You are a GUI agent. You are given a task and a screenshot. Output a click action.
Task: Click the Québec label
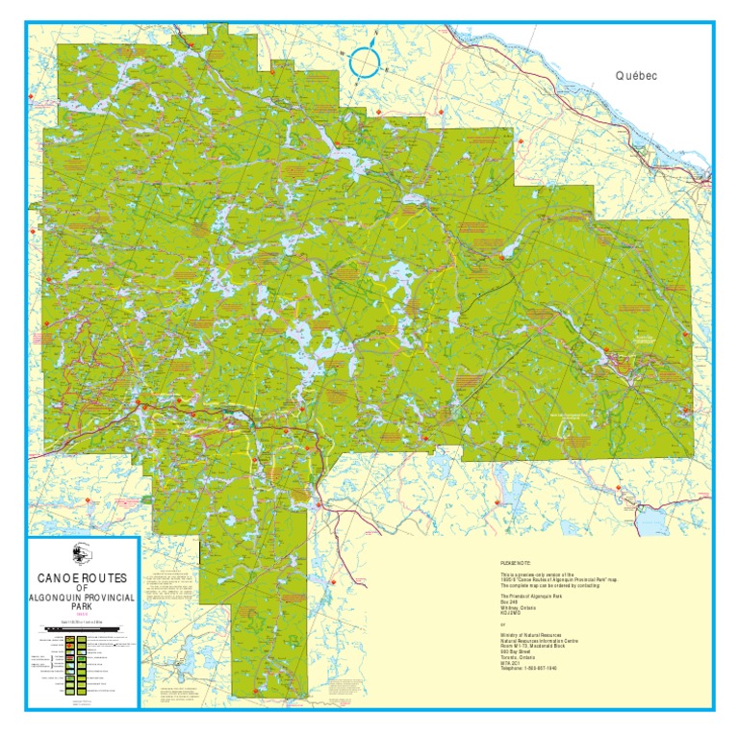(636, 75)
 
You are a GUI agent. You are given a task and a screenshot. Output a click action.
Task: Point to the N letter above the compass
(376, 34)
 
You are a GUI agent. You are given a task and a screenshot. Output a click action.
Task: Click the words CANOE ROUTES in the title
(82, 578)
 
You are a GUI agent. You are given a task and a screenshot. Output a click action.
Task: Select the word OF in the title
(82, 589)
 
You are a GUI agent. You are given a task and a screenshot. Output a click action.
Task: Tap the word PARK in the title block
(82, 609)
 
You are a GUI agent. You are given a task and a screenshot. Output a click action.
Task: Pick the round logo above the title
(82, 553)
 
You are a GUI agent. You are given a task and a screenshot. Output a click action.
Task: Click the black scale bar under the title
(82, 626)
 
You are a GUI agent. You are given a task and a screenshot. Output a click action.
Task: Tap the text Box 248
(497, 603)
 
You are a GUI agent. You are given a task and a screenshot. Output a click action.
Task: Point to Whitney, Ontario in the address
(507, 610)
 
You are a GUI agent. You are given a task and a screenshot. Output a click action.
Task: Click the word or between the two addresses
(490, 625)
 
